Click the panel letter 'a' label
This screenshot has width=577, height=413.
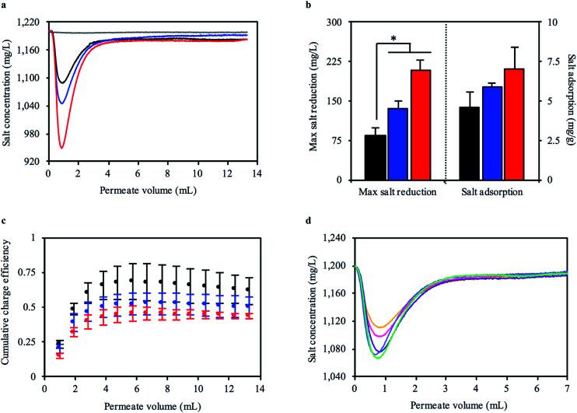click(x=5, y=5)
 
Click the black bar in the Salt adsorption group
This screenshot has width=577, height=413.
click(x=491, y=143)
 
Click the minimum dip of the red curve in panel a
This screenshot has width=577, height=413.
click(x=61, y=147)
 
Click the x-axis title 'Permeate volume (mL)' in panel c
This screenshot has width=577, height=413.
click(x=151, y=405)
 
